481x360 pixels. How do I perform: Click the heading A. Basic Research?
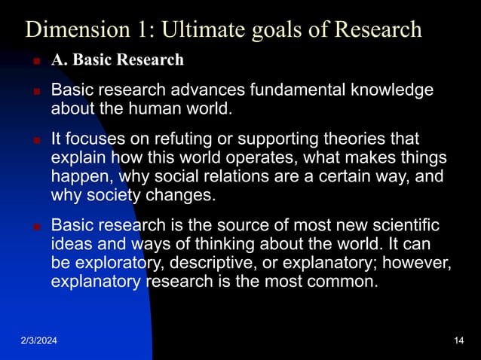click(117, 60)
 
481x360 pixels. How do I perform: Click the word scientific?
click(403, 225)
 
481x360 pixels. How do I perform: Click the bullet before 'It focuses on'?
click(35, 140)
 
